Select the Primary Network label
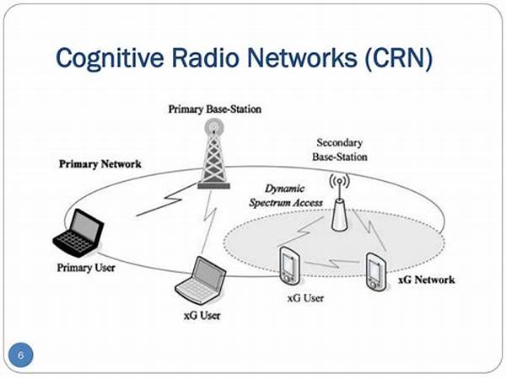click(x=100, y=163)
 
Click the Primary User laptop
click(x=80, y=233)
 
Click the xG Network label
click(x=428, y=279)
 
